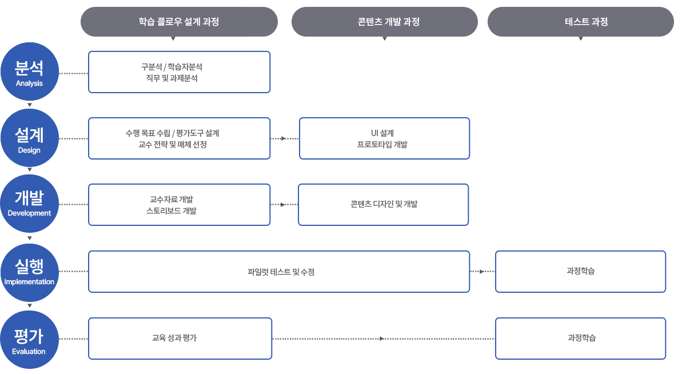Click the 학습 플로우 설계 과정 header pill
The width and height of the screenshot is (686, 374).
(x=179, y=22)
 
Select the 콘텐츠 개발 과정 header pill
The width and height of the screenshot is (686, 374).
(x=385, y=22)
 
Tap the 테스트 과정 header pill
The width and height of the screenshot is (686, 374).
(x=581, y=22)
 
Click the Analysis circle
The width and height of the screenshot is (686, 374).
(x=30, y=71)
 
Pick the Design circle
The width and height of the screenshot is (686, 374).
(x=30, y=138)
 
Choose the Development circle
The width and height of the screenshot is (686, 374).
(x=30, y=204)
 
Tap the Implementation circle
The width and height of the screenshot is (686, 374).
(x=30, y=273)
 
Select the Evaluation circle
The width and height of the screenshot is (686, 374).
(x=30, y=340)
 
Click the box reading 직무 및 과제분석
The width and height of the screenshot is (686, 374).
(x=179, y=72)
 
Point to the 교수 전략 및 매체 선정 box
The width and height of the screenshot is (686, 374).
(x=179, y=138)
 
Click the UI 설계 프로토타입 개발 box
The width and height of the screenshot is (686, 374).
(x=384, y=138)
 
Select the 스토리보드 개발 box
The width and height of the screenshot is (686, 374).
(x=179, y=205)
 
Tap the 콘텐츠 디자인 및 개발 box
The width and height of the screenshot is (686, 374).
(x=384, y=205)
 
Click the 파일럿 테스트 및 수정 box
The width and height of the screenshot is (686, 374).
(x=279, y=272)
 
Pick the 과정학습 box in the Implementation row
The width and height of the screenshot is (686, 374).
(x=581, y=272)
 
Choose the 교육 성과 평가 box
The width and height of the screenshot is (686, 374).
(x=180, y=339)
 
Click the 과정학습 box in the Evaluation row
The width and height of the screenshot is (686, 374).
(x=581, y=339)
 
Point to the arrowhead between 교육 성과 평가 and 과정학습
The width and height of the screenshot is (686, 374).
(x=382, y=339)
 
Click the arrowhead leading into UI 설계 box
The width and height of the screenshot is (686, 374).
(x=284, y=138)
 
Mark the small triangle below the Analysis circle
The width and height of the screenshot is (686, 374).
(x=30, y=105)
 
